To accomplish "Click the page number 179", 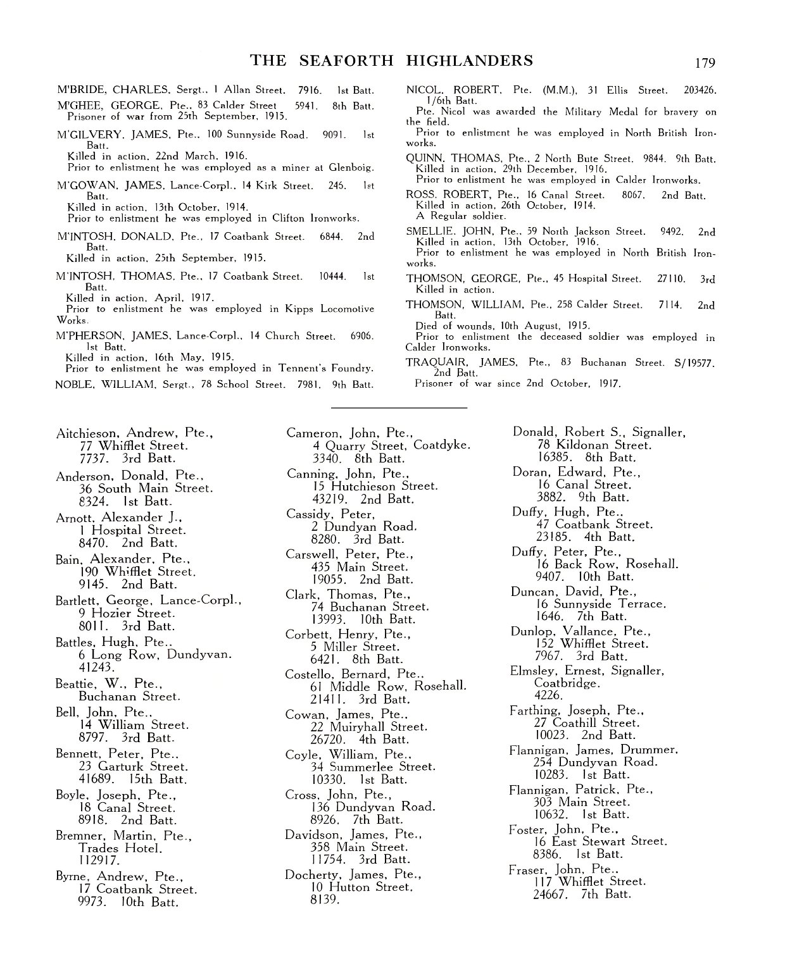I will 704,63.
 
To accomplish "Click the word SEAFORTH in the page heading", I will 343,61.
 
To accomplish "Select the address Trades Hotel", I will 120,848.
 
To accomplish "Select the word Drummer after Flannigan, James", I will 651,750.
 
